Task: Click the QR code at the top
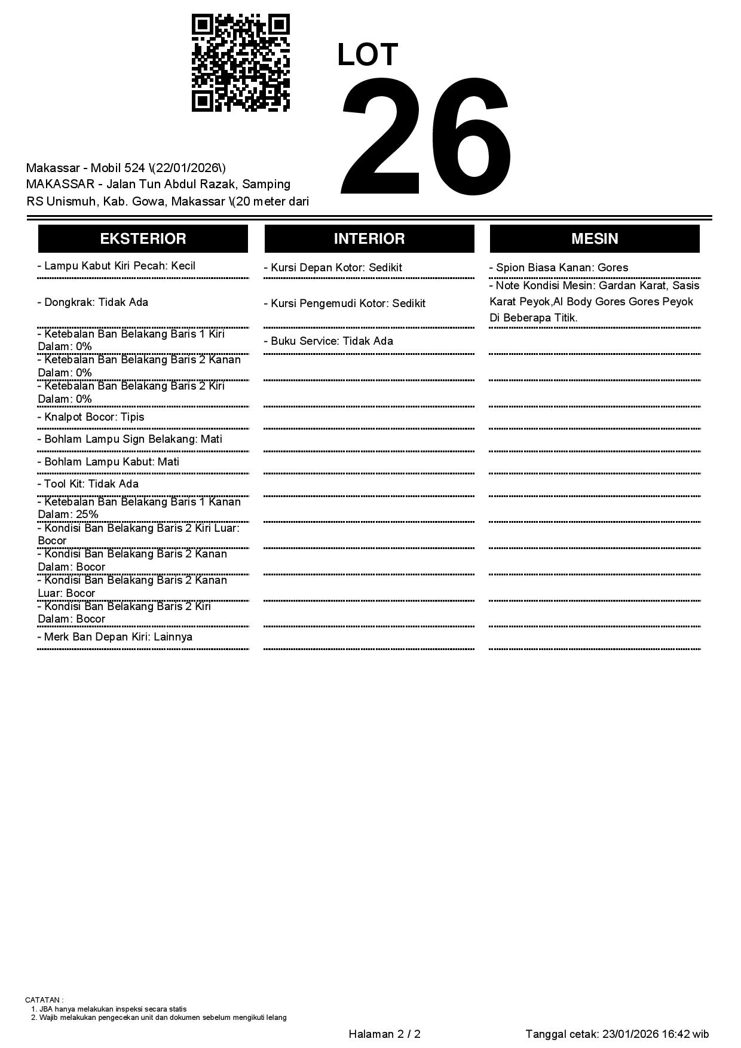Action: pyautogui.click(x=240, y=63)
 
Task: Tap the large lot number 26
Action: pyautogui.click(x=426, y=137)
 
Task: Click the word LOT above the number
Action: pyautogui.click(x=367, y=55)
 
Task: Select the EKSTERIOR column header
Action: pyautogui.click(x=143, y=239)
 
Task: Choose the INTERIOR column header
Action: pyautogui.click(x=369, y=239)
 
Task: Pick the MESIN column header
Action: pyautogui.click(x=594, y=239)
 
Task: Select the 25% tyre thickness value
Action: pyautogui.click(x=87, y=514)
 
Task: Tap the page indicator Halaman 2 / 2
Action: pyautogui.click(x=384, y=1034)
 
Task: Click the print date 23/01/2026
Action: pyautogui.click(x=630, y=1034)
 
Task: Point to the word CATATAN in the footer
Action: pyautogui.click(x=43, y=1000)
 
